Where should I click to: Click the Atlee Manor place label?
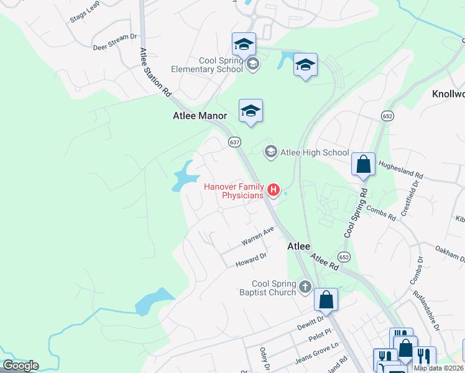tap(199, 116)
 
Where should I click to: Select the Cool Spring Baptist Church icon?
tap(305, 287)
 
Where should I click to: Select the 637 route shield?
tap(234, 142)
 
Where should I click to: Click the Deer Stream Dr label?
tap(114, 42)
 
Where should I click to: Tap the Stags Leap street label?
tap(85, 16)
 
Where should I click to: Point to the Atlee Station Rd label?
tap(155, 71)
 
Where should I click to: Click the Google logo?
tap(21, 366)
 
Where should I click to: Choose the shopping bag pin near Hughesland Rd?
tap(364, 165)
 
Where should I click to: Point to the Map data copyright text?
tap(439, 368)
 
